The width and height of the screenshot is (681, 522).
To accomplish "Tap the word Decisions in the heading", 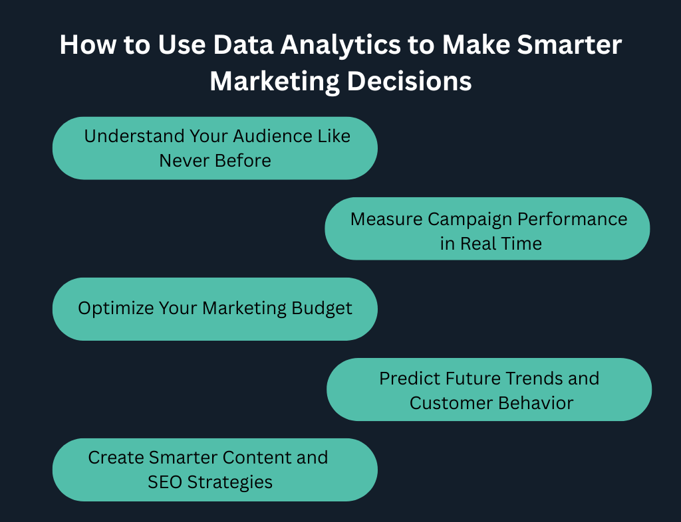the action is pyautogui.click(x=409, y=81).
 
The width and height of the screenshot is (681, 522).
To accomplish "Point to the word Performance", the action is pyautogui.click(x=572, y=219).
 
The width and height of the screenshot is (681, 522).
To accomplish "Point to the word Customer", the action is pyautogui.click(x=451, y=403).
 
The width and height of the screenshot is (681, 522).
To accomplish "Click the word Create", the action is pyautogui.click(x=116, y=458).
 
